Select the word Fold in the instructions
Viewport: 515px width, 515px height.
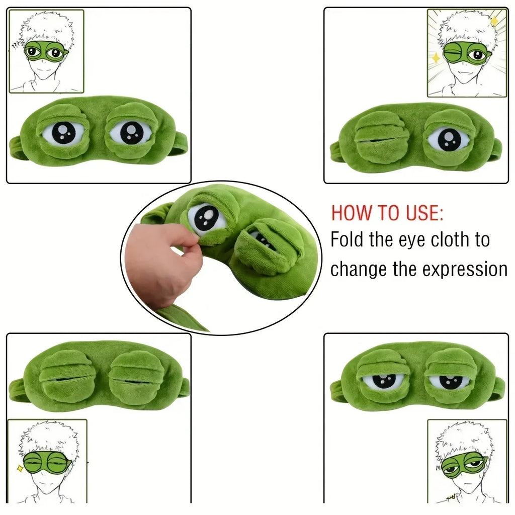pyautogui.click(x=348, y=240)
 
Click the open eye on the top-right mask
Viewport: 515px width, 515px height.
pyautogui.click(x=449, y=138)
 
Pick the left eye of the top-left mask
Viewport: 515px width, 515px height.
pyautogui.click(x=62, y=132)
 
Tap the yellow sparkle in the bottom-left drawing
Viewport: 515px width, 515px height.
pyautogui.click(x=20, y=469)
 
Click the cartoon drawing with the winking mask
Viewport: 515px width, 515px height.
pyautogui.click(x=467, y=53)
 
